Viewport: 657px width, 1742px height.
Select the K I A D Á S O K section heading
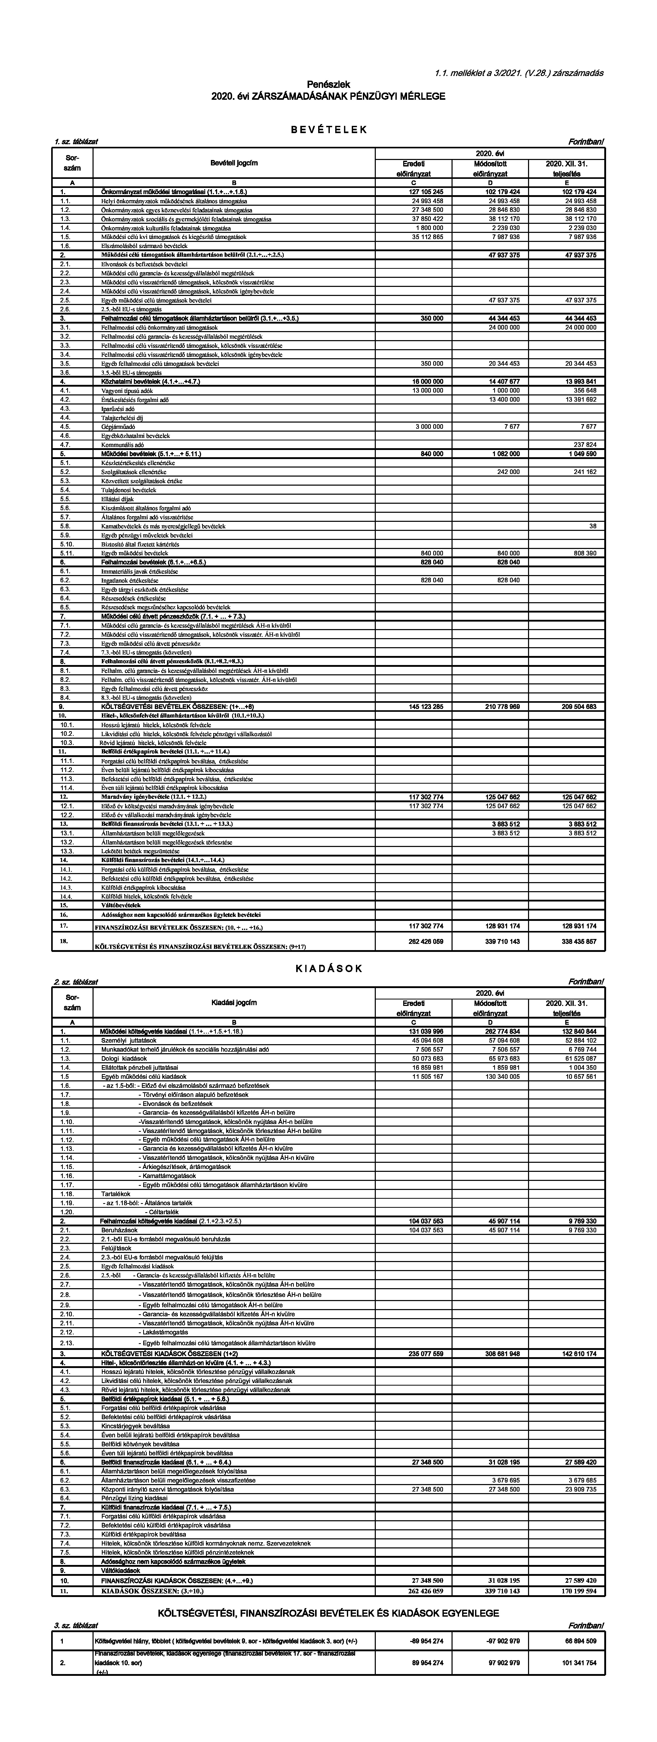[329, 968]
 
